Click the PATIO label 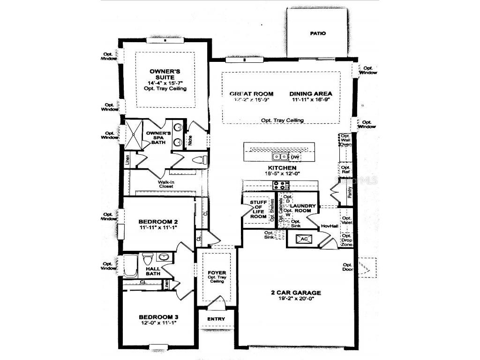[x=317, y=34]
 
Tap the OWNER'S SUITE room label [x=162, y=74]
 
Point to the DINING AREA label [x=310, y=94]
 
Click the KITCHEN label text [x=281, y=167]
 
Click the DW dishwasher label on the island [x=295, y=157]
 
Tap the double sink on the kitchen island [x=281, y=157]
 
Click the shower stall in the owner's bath [x=133, y=135]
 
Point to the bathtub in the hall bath [x=131, y=266]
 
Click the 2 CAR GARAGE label [x=296, y=293]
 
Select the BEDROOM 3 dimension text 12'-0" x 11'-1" [x=158, y=323]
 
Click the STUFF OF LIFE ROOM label [x=258, y=210]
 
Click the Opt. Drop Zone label [x=346, y=240]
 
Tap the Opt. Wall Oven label [x=345, y=140]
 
